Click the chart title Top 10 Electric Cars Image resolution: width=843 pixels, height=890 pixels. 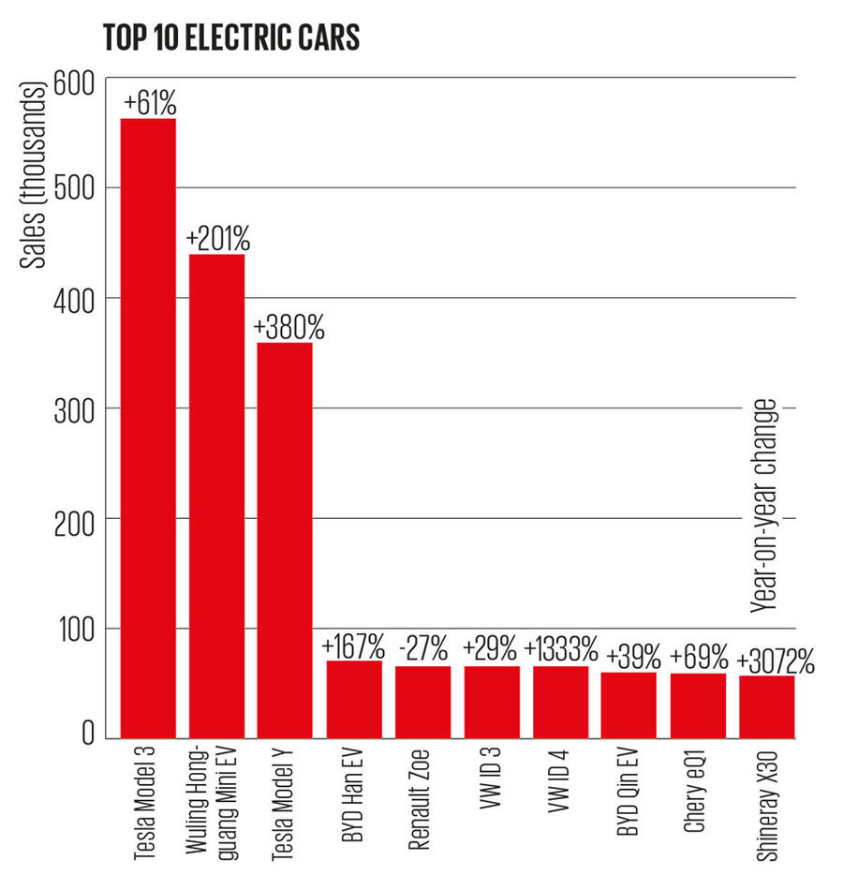tap(233, 38)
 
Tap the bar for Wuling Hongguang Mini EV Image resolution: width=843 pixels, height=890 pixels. tap(217, 496)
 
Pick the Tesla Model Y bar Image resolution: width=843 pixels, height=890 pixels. tap(286, 540)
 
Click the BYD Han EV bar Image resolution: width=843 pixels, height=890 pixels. tap(354, 698)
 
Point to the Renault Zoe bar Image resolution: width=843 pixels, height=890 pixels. tap(423, 701)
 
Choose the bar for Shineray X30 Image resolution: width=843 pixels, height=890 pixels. tap(767, 705)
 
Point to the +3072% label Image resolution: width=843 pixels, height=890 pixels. tap(776, 661)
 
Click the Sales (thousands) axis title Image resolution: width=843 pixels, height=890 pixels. tap(36, 177)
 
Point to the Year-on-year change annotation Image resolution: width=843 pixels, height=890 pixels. tap(764, 506)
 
